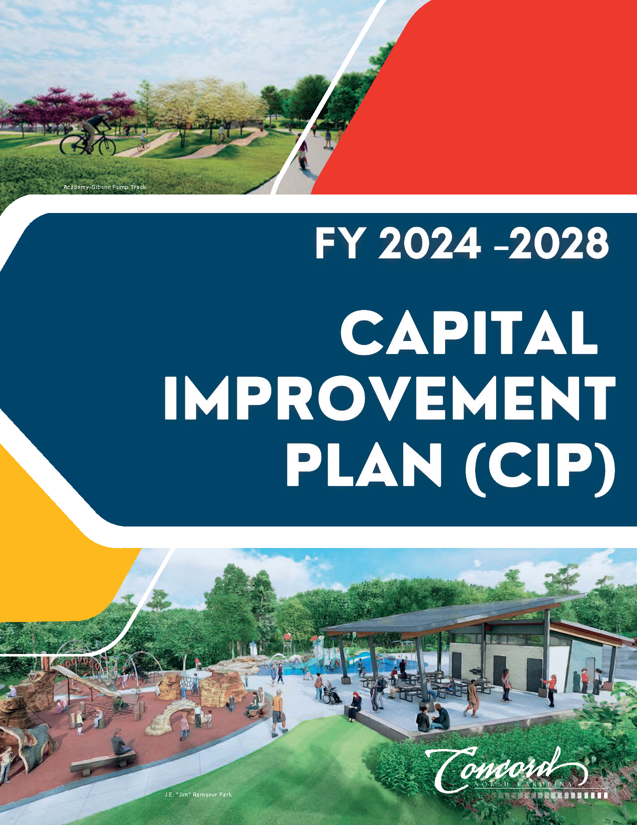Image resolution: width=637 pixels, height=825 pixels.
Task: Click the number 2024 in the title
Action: pyautogui.click(x=430, y=243)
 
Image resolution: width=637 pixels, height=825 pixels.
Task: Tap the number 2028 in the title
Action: pyautogui.click(x=558, y=243)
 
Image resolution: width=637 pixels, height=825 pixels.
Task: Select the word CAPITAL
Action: pyautogui.click(x=469, y=332)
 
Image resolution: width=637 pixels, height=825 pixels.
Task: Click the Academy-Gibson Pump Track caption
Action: pyautogui.click(x=105, y=187)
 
